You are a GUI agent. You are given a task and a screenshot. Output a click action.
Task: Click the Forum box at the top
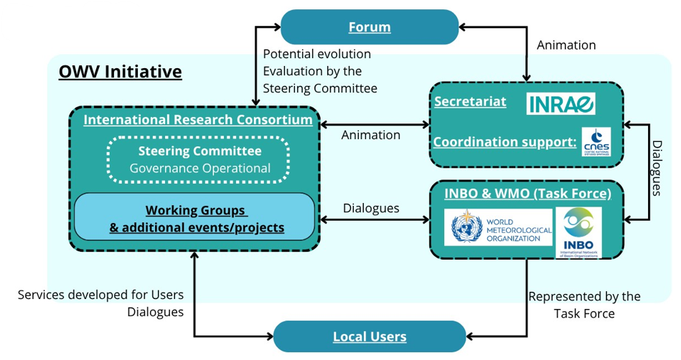(370, 27)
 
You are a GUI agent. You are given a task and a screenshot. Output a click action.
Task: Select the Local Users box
(370, 336)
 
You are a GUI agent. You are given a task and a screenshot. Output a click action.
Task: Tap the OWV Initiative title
(120, 72)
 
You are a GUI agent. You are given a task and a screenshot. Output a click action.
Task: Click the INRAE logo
(561, 103)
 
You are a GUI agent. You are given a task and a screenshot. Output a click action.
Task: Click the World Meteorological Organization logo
(498, 227)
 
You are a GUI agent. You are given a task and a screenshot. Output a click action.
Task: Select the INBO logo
(578, 232)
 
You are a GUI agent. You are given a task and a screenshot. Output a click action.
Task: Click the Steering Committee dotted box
(199, 159)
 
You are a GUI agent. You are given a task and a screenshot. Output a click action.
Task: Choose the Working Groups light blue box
(196, 218)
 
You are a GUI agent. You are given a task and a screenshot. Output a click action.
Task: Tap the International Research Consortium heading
(198, 120)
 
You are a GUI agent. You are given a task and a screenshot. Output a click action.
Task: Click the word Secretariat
(470, 101)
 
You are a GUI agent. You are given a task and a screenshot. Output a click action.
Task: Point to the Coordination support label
(504, 141)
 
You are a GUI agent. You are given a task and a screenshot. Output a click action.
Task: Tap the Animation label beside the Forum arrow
(566, 45)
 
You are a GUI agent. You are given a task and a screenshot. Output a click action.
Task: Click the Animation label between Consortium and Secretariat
(370, 135)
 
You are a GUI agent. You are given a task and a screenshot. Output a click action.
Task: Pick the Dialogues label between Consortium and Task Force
(371, 208)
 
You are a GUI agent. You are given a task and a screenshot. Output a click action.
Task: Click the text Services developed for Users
(100, 295)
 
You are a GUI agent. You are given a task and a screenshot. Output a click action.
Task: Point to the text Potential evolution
(316, 54)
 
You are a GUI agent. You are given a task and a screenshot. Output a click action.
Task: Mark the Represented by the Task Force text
(584, 305)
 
